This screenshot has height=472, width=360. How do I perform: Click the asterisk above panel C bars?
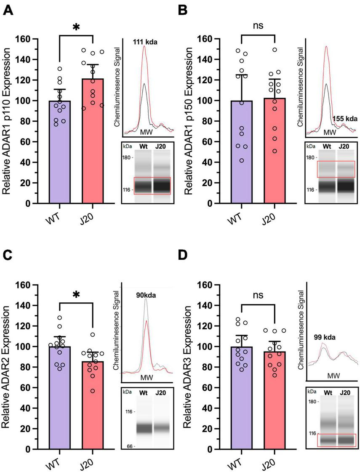[x=76, y=295]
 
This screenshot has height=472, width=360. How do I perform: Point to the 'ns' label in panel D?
[x=258, y=295]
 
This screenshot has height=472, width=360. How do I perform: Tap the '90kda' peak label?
[x=146, y=295]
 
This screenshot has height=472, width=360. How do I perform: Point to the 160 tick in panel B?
[x=205, y=39]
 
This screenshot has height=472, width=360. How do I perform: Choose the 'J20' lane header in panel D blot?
[x=345, y=392]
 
